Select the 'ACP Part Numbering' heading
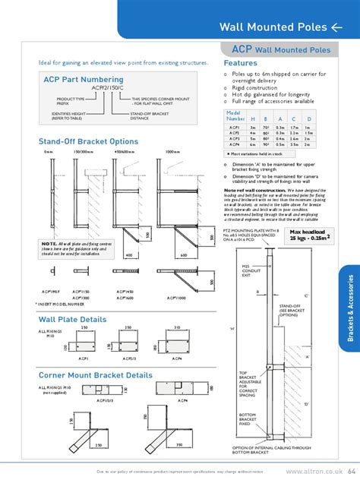tap(78, 78)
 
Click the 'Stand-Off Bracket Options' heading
tap(88, 142)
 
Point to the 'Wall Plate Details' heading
tap(74, 298)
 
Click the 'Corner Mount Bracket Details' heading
tap(96, 354)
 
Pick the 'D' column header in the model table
tap(308, 118)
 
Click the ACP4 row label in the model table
tap(235, 145)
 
